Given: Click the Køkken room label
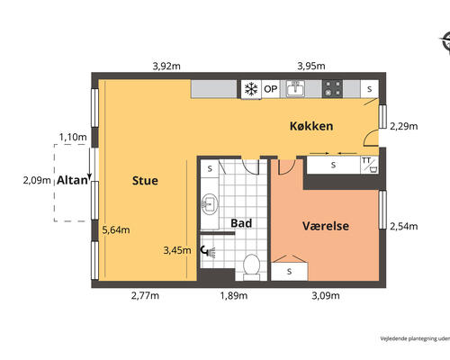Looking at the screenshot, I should coord(311,126).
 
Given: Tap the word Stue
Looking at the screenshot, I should coord(145,181).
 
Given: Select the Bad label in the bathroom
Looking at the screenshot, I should coord(241,222).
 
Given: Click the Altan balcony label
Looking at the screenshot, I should coord(72,181).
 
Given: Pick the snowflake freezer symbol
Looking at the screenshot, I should coord(250,89).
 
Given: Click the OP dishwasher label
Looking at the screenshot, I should coord(270,89).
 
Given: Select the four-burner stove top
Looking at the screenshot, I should coord(333,89).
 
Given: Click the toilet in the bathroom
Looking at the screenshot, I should coord(253,265).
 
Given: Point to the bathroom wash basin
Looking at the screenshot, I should coord(209,203).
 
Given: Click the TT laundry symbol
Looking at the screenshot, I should coord(366,164).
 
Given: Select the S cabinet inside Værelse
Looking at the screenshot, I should coord(289,270).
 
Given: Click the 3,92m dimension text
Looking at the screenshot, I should coord(167,66).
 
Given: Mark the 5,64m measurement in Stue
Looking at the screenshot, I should coord(116,229).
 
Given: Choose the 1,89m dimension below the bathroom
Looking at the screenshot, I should coord(234,295).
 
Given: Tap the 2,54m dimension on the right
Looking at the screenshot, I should coord(404,227).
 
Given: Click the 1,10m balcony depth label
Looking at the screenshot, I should coord(72,138).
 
